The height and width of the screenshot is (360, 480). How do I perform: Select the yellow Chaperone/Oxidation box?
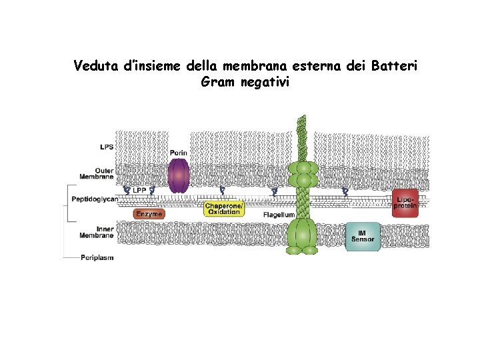coord(225,209)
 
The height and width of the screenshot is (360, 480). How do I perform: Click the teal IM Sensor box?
coord(363,236)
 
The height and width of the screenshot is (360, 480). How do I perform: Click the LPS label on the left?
coord(107,147)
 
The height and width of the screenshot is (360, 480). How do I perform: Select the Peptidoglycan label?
coord(95,199)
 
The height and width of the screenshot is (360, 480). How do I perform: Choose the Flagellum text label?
coord(279,215)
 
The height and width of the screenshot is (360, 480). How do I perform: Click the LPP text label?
coord(139,191)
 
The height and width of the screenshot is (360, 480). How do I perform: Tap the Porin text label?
coord(177,153)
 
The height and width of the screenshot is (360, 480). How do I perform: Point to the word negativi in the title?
coord(266,83)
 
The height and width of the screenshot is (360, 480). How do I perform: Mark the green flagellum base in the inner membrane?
coord(303,237)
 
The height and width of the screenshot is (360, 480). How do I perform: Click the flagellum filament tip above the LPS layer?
coord(303,120)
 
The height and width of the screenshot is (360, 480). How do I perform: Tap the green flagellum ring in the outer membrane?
coord(303,175)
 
